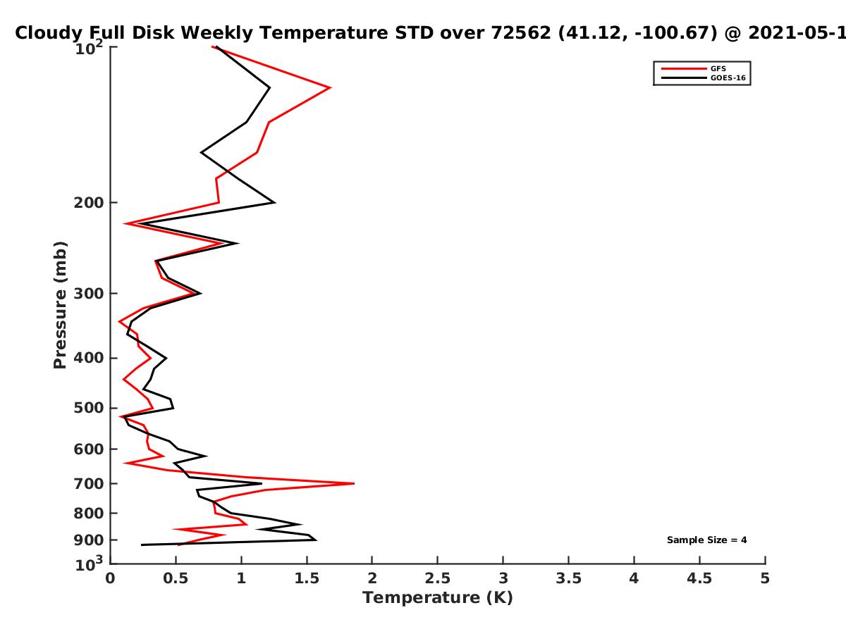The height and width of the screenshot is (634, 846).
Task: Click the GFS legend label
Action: click(x=718, y=68)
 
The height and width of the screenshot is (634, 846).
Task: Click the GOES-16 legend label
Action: click(x=728, y=77)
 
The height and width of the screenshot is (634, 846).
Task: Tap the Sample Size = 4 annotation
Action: click(x=707, y=540)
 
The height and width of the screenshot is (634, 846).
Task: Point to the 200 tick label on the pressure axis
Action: click(x=89, y=202)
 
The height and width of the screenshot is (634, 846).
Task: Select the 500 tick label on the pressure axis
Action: click(x=89, y=408)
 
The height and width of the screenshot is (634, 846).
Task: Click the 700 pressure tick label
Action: click(x=89, y=483)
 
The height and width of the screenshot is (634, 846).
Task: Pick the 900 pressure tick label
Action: click(x=89, y=540)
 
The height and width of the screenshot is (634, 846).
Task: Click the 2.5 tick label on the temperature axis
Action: click(x=438, y=578)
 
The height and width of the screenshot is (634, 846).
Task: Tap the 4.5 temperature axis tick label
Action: click(x=699, y=578)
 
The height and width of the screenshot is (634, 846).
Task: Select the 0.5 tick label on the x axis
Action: click(x=176, y=578)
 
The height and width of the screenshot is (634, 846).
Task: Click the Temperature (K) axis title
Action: click(x=438, y=598)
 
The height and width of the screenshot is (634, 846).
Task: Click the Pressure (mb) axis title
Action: click(x=60, y=305)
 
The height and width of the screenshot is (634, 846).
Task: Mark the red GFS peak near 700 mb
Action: click(x=353, y=483)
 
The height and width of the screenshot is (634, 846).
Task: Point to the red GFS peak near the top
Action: click(x=331, y=88)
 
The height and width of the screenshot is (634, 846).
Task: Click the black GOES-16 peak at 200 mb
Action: click(x=274, y=202)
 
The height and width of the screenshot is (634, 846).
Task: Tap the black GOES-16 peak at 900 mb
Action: click(x=316, y=540)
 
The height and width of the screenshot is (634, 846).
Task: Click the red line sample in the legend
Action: click(x=684, y=68)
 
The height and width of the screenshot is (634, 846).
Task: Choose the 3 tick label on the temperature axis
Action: click(x=503, y=578)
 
